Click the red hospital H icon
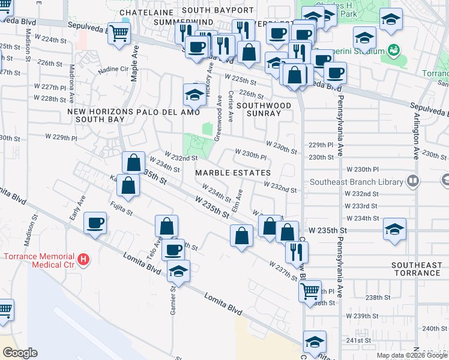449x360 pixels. pos(85,259)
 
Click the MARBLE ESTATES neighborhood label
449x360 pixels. pos(232,173)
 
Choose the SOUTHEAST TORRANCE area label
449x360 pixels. pos(416,269)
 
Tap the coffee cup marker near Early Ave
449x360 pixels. pos(96,224)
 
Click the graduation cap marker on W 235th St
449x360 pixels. pos(394,229)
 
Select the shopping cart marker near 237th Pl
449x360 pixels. pos(310,291)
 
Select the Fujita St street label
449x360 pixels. pos(121,209)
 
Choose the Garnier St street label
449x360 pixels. pos(173,298)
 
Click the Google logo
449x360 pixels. pos(20,353)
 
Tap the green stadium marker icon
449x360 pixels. pos(394,49)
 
